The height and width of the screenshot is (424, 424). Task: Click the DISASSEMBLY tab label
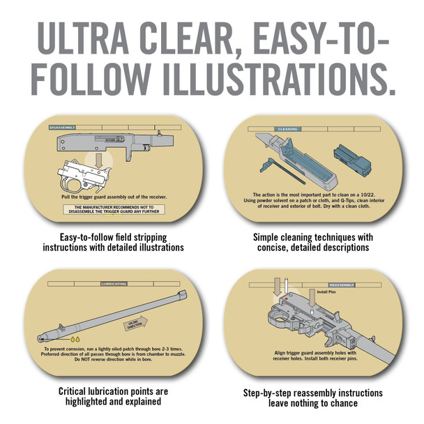coord(62,128)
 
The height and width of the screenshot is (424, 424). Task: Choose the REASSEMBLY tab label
coord(341,285)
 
